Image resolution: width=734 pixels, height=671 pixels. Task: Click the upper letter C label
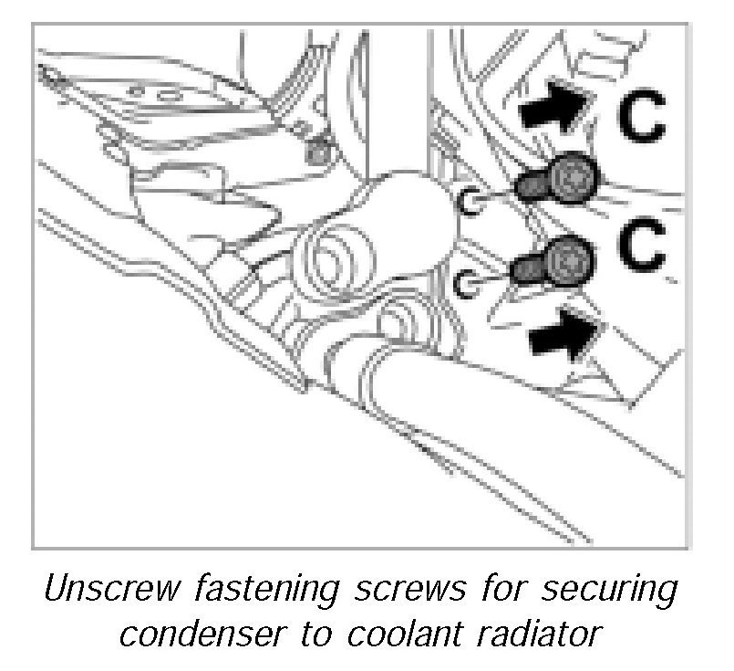645,117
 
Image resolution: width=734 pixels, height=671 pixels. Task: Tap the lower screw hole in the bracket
468,286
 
